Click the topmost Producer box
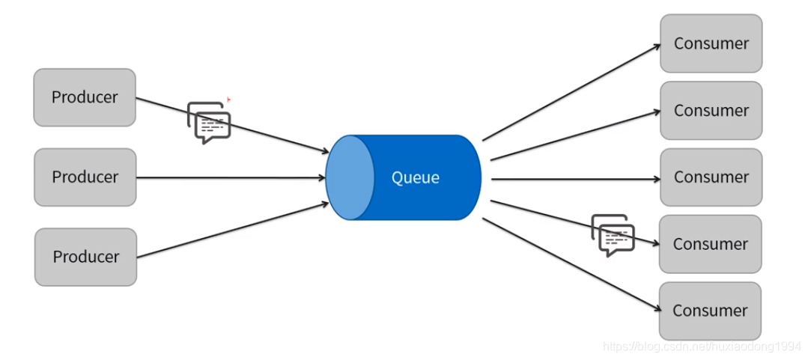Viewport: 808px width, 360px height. tap(85, 97)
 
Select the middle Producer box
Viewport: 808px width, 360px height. tap(85, 177)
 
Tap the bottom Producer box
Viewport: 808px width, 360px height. tap(85, 257)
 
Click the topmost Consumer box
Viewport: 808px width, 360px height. tap(711, 43)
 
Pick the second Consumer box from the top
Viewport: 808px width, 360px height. tap(711, 111)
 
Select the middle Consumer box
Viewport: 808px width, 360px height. tap(711, 177)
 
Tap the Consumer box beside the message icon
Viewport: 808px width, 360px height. tap(710, 244)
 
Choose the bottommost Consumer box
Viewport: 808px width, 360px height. tap(710, 311)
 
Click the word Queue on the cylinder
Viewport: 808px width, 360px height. tap(416, 178)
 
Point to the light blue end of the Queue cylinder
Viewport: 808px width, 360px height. tap(350, 178)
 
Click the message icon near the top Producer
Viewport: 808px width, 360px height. tap(209, 123)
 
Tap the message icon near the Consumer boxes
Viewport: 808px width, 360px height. tap(613, 235)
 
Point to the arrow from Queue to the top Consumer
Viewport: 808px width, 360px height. tap(569, 92)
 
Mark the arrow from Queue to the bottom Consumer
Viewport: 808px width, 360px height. tap(569, 263)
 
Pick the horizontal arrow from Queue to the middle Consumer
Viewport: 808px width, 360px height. tap(573, 180)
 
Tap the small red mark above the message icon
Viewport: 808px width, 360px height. tap(228, 99)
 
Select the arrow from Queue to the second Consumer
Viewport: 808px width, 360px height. tap(573, 135)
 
